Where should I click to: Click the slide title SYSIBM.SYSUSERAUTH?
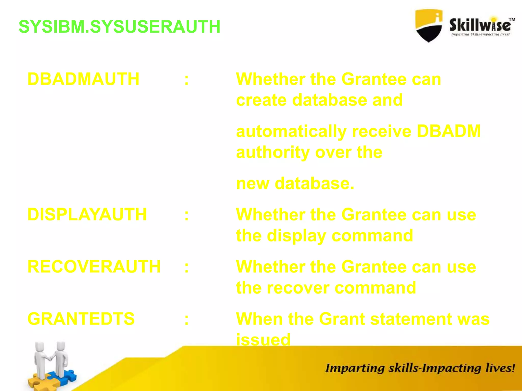pyautogui.click(x=119, y=27)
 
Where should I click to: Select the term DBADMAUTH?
pyautogui.click(x=83, y=79)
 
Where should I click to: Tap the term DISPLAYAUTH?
pyautogui.click(x=87, y=214)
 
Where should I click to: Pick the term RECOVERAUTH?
pyautogui.click(x=94, y=267)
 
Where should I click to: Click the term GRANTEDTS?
pyautogui.click(x=81, y=319)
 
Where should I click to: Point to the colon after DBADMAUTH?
pyautogui.click(x=187, y=80)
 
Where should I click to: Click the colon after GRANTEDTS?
pyautogui.click(x=187, y=320)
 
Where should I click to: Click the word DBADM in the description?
pyautogui.click(x=449, y=131)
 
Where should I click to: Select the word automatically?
pyautogui.click(x=291, y=132)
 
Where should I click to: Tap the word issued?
pyautogui.click(x=263, y=340)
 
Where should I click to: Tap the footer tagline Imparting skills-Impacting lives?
pyautogui.click(x=420, y=368)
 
